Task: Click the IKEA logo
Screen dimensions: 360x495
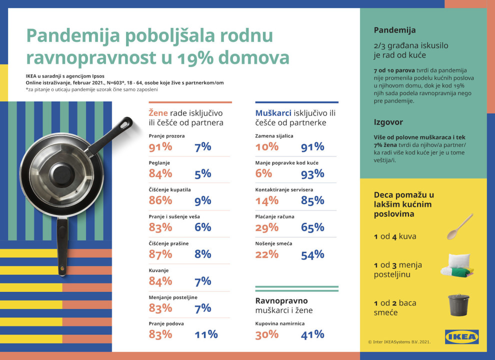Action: click(x=461, y=336)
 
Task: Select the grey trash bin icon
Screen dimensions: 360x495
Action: click(x=458, y=304)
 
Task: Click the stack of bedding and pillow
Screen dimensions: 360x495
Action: click(x=456, y=266)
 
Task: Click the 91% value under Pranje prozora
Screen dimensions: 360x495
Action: click(x=160, y=147)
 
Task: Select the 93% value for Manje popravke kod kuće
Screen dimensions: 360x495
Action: click(x=312, y=173)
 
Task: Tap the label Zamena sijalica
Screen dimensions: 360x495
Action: click(x=274, y=135)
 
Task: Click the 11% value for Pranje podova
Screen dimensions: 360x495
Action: click(x=206, y=334)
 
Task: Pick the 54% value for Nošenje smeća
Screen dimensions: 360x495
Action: click(x=312, y=254)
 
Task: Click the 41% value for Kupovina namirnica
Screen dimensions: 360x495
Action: click(x=312, y=334)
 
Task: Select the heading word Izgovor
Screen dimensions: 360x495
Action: click(x=388, y=122)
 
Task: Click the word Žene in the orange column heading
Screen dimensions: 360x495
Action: click(x=158, y=112)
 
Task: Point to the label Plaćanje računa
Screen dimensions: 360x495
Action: click(x=274, y=216)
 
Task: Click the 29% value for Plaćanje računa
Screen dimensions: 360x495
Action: click(x=266, y=227)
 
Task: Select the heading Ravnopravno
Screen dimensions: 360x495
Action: click(x=281, y=301)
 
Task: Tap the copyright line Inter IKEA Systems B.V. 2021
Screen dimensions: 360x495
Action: click(x=399, y=342)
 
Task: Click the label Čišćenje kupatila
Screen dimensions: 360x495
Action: click(x=170, y=189)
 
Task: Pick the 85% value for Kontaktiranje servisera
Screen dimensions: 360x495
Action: click(x=312, y=200)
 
